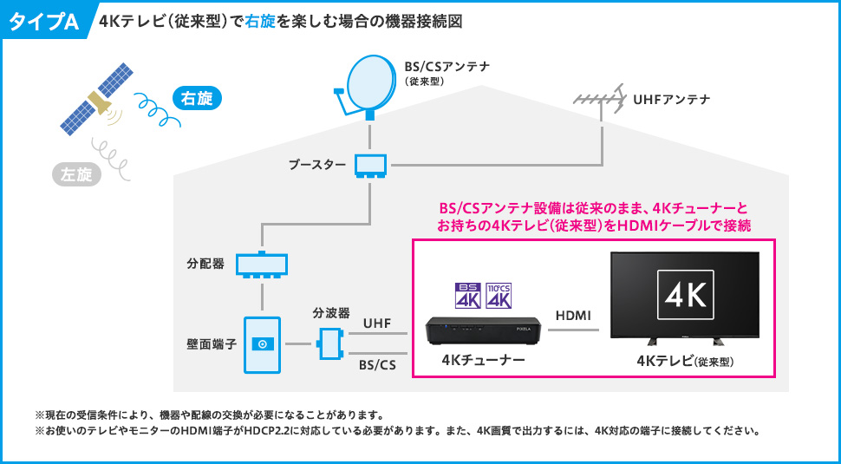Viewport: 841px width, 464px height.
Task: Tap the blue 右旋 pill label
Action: coord(197,99)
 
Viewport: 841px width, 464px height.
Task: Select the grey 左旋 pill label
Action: coord(76,175)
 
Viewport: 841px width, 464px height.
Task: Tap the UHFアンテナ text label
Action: coord(672,99)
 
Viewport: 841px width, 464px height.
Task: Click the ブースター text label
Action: coord(316,165)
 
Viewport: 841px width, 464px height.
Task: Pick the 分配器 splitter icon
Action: coord(262,264)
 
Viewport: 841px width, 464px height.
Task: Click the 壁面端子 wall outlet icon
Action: coord(263,345)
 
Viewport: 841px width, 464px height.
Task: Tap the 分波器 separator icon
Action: coord(327,343)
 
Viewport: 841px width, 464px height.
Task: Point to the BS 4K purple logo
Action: coord(467,296)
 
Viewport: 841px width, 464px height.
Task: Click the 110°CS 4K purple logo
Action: coord(499,296)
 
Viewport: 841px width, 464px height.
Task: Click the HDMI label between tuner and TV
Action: coord(573,317)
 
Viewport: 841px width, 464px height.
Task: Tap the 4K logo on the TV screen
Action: coord(686,294)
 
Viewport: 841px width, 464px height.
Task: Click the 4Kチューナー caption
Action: coord(483,359)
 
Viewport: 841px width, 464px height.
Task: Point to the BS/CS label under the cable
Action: coord(378,365)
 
